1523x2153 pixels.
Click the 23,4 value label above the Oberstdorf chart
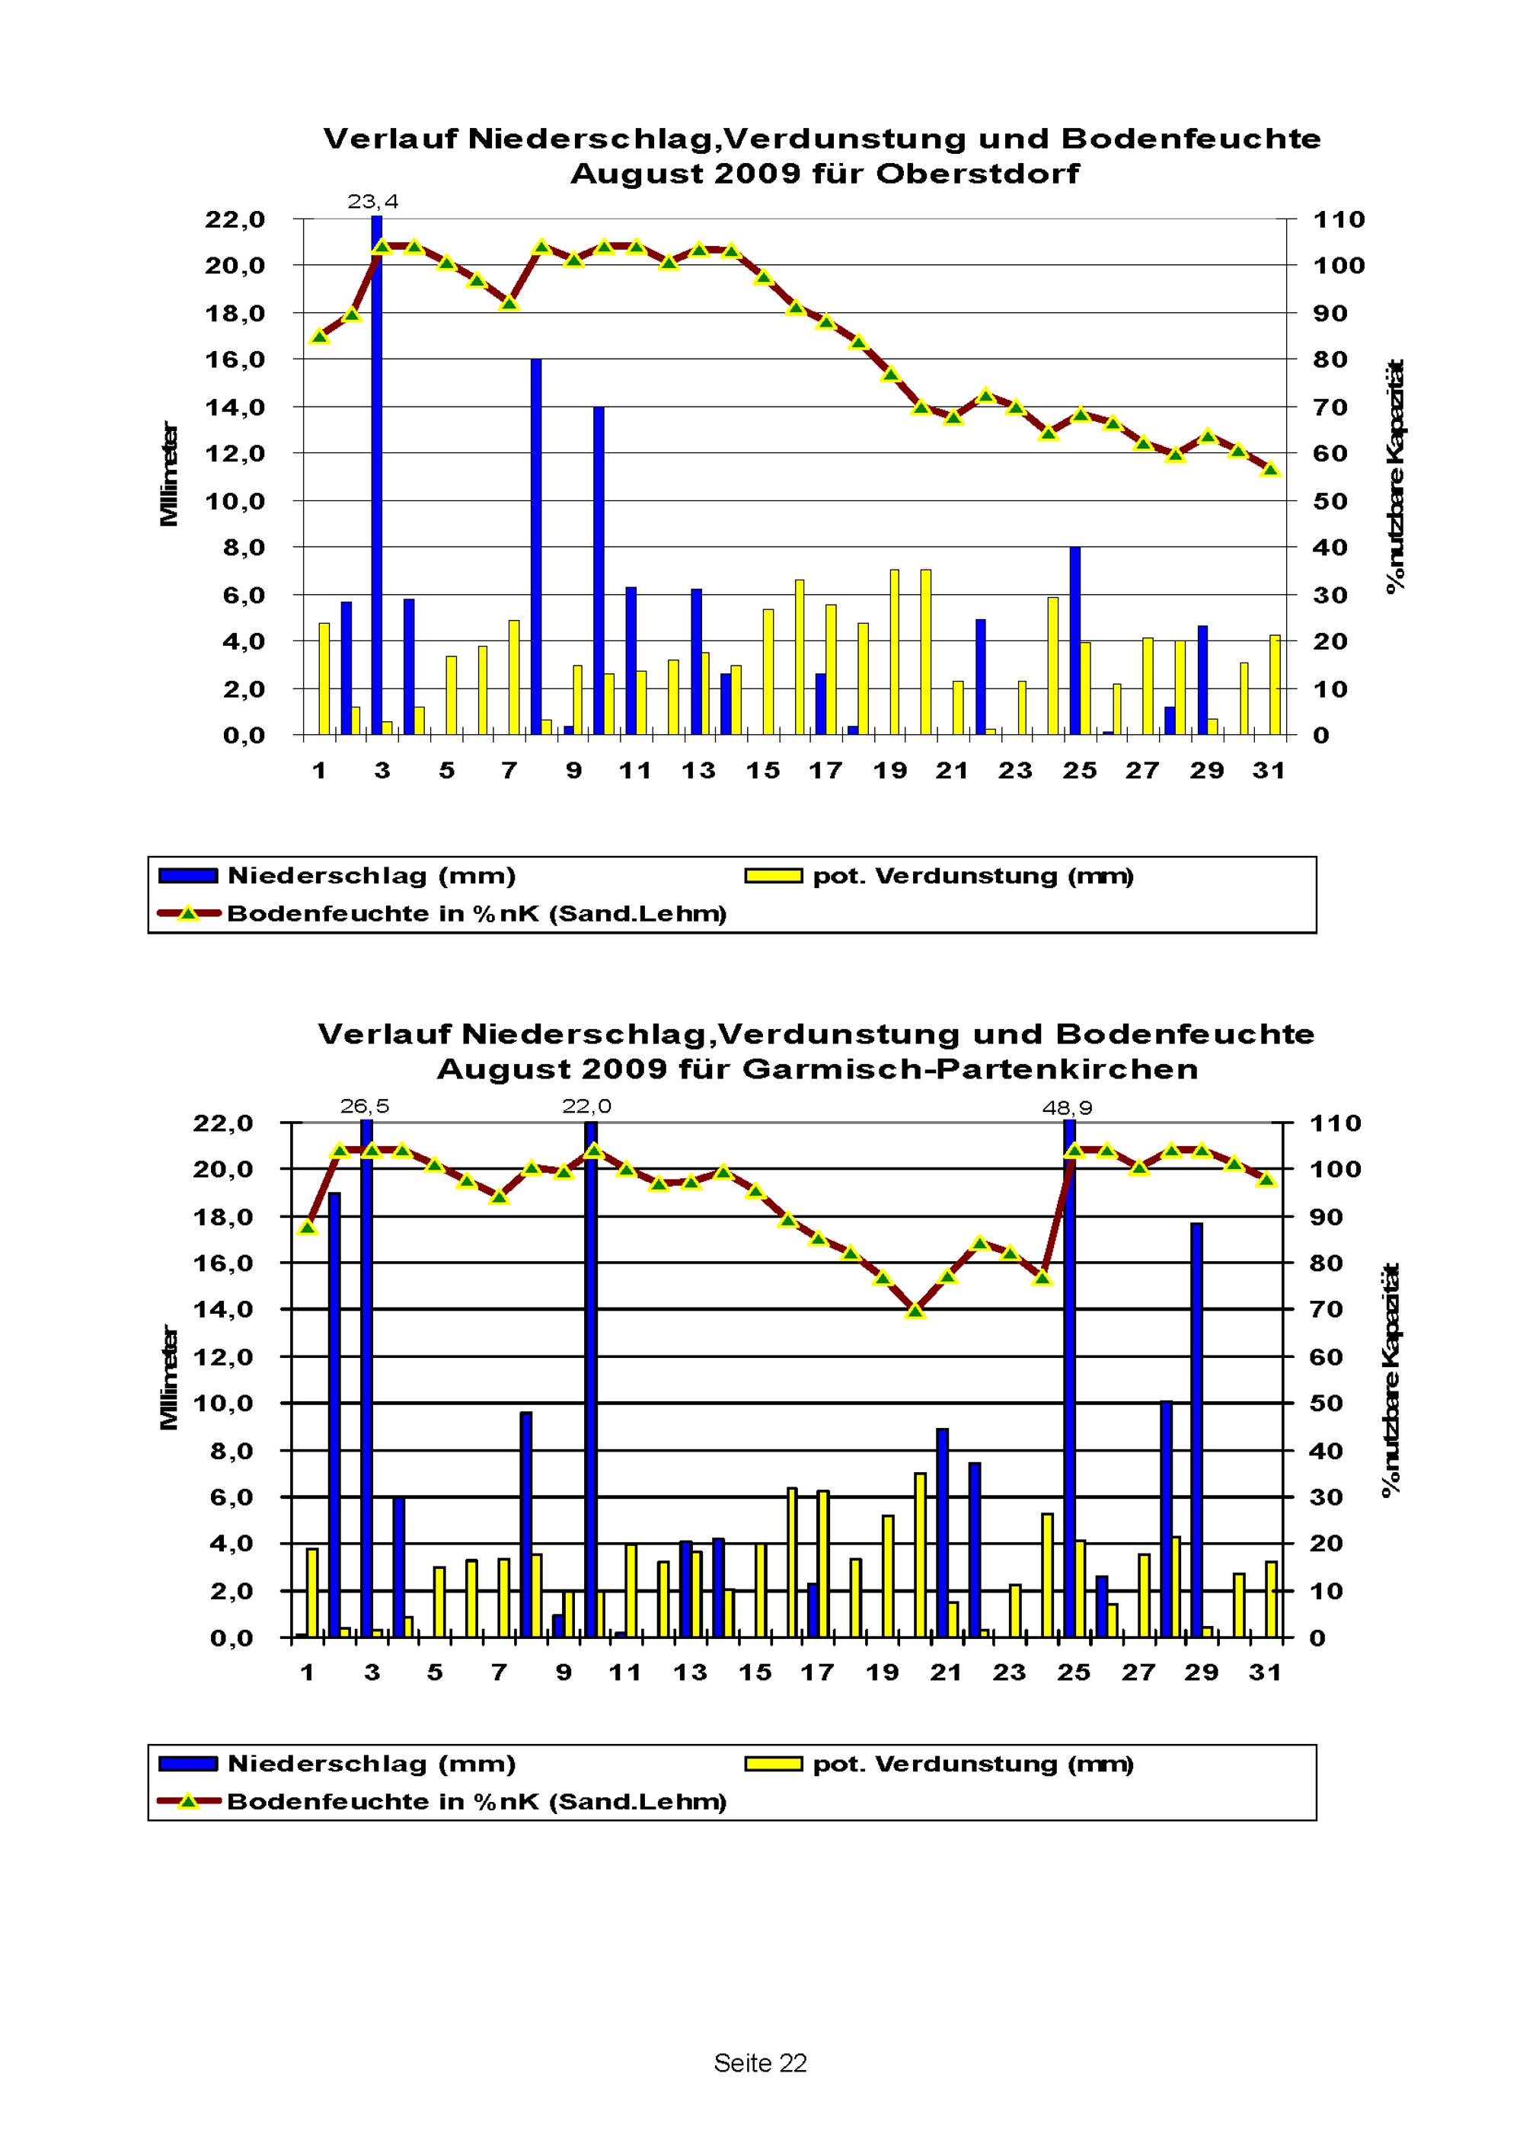click(x=372, y=202)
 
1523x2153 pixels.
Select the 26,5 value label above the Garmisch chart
click(x=365, y=1107)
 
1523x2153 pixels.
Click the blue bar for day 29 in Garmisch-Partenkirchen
click(x=1196, y=1430)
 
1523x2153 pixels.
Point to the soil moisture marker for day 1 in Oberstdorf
click(x=319, y=336)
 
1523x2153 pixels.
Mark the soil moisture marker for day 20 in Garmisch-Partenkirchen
click(x=916, y=1310)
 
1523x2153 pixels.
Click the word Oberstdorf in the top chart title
click(x=976, y=174)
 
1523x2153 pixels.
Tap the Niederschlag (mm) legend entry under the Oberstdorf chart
click(x=370, y=876)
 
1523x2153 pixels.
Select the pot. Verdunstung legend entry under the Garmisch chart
click(x=972, y=1764)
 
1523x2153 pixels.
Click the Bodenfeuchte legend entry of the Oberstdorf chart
click(x=475, y=913)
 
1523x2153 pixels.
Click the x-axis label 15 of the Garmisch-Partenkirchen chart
click(x=755, y=1673)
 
